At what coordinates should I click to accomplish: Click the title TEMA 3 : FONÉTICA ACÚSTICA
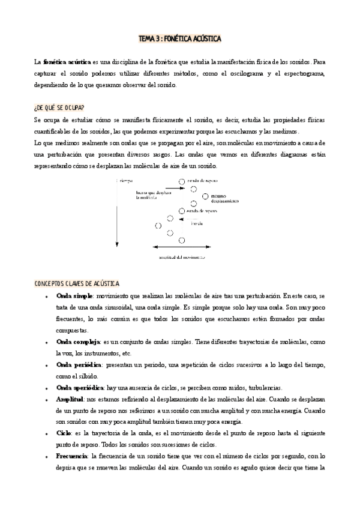(180, 39)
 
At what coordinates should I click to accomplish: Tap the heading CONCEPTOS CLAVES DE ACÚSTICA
(77, 283)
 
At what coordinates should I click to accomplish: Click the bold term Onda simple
(74, 297)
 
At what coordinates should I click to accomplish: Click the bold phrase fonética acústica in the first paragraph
(66, 62)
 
